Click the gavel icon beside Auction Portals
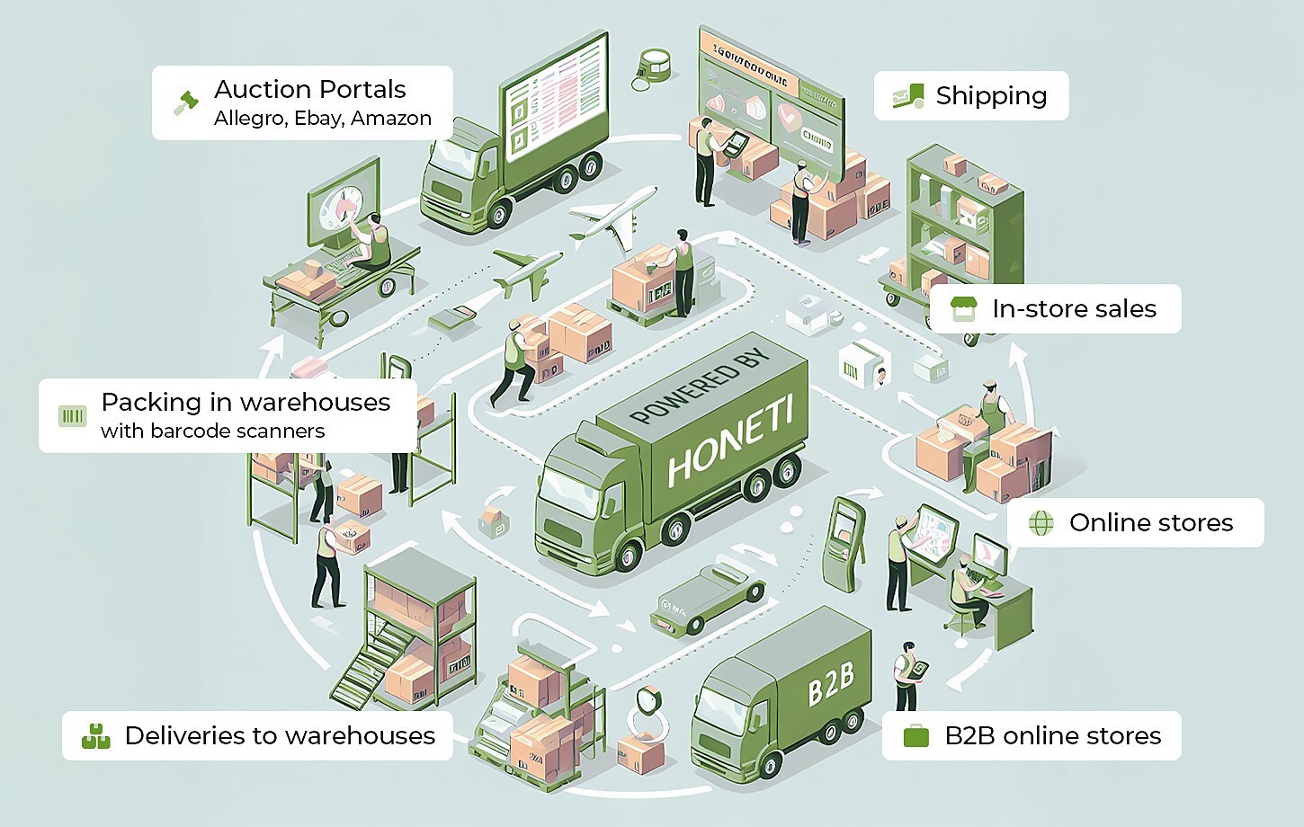185,102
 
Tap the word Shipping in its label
991,96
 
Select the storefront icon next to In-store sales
963,308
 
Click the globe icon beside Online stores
1041,522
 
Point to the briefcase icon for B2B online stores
915,735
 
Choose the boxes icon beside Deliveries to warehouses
95,735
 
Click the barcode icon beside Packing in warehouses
72,415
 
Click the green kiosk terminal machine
844,544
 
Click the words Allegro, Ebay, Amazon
322,119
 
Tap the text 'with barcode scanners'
212,431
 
